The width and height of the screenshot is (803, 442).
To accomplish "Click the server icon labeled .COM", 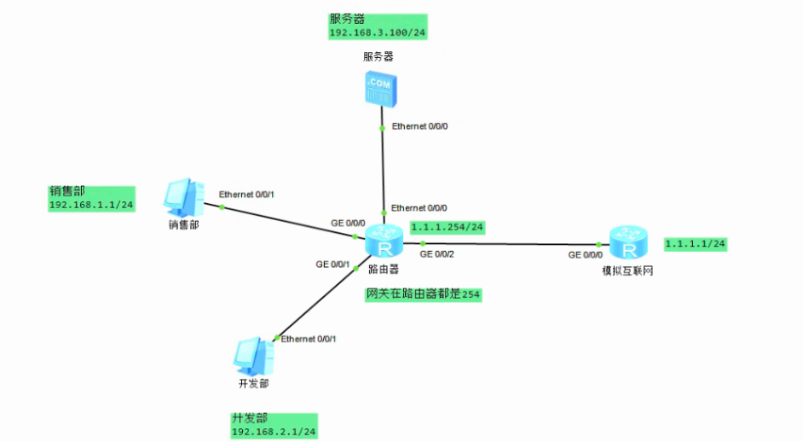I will tap(379, 87).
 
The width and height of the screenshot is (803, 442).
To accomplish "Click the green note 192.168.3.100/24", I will tap(378, 32).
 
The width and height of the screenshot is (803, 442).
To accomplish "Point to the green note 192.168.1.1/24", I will tap(91, 205).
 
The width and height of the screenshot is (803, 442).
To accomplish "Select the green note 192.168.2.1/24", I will tap(274, 433).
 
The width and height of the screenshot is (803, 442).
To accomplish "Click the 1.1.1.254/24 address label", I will tap(448, 227).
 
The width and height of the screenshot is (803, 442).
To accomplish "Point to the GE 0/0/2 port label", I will tap(437, 254).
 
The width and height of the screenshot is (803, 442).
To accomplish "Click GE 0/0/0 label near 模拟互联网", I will tap(586, 254).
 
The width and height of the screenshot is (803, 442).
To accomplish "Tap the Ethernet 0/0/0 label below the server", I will tap(419, 126).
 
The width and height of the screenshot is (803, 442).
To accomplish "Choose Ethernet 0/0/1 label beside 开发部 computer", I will tap(309, 339).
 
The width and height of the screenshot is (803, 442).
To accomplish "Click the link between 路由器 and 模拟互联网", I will tap(511, 244).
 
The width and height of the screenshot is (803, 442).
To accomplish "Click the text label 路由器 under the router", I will tap(384, 270).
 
